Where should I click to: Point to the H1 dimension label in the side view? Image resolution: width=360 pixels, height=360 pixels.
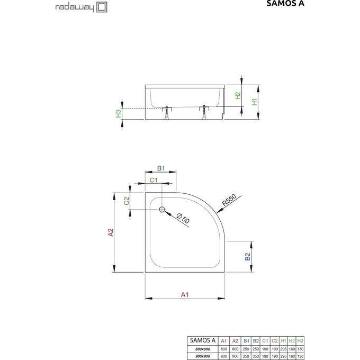[x=255, y=102]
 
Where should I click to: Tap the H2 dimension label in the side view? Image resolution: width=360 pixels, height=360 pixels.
[x=239, y=96]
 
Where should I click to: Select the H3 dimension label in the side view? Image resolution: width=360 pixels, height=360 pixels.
[x=119, y=114]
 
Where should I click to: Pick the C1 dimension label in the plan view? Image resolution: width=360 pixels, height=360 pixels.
[x=154, y=181]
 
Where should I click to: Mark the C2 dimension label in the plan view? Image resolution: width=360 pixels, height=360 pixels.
[x=126, y=201]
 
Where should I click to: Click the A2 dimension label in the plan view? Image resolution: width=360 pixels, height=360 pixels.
[x=110, y=233]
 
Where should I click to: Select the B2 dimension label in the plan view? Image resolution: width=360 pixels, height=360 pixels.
[x=247, y=257]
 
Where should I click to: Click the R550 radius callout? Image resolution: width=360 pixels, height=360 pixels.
[x=228, y=201]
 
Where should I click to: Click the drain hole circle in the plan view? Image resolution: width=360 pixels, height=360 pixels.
[x=162, y=209]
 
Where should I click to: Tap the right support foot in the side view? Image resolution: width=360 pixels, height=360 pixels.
[x=204, y=112]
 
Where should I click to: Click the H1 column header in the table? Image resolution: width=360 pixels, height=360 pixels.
[x=283, y=340]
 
